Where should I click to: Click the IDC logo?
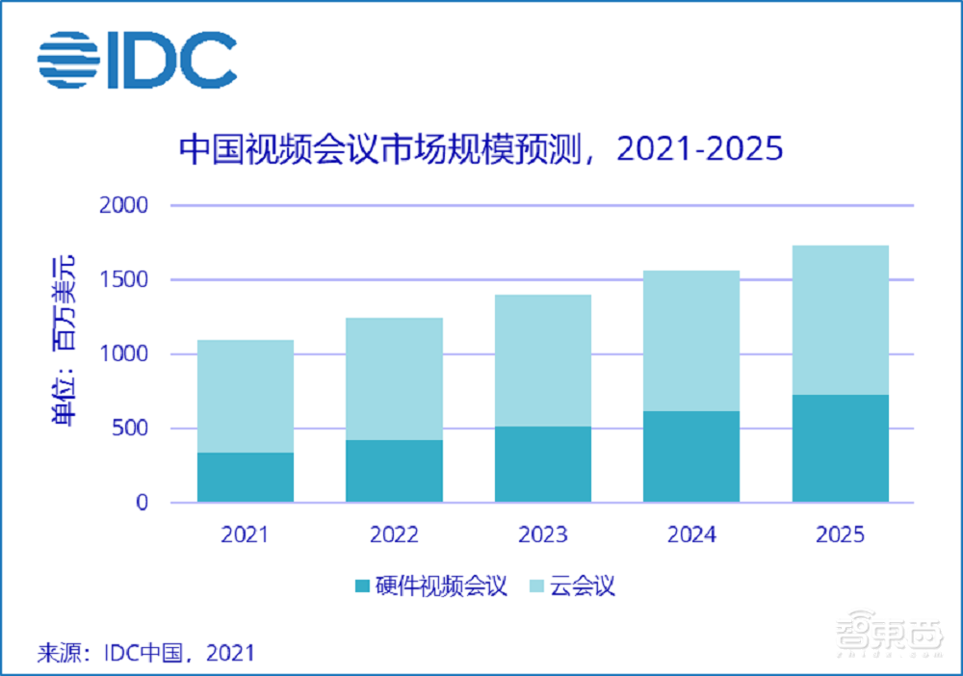point(138,60)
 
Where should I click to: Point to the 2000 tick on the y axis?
point(122,205)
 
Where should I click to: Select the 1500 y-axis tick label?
point(122,280)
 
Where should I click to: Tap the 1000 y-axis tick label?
point(122,354)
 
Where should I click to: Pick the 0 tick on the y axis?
point(142,503)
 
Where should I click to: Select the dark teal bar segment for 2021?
point(245,478)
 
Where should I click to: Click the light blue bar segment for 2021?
point(245,396)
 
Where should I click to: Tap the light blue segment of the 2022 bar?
point(394,378)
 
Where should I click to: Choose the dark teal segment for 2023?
point(543,464)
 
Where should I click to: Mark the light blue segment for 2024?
point(691,341)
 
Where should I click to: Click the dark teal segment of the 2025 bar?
point(841,449)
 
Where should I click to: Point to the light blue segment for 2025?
point(841,320)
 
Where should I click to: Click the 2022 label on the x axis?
point(394,534)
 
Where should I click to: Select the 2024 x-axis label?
point(691,534)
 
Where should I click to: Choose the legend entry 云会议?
point(573,586)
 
